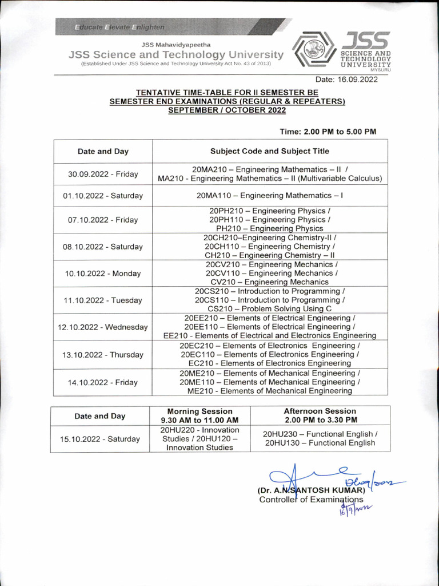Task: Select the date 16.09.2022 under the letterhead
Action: [347, 80]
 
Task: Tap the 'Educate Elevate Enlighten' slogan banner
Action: [120, 27]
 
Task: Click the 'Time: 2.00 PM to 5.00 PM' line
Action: [328, 132]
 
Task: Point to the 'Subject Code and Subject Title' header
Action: [270, 151]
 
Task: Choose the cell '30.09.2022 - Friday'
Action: [103, 174]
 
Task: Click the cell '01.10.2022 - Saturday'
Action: [103, 196]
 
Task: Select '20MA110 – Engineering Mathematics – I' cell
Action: [270, 195]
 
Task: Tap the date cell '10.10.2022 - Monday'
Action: [103, 274]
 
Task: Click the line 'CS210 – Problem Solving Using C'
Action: [269, 308]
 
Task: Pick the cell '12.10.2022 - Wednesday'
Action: [103, 327]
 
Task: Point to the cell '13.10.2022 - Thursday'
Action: [103, 355]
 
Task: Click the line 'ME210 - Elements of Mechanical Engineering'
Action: [269, 391]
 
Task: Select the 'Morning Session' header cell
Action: [199, 415]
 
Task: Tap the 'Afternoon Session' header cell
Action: [320, 415]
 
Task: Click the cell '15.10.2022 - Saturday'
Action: [100, 439]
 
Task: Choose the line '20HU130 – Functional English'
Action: [320, 443]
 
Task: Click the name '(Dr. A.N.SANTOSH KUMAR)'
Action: [310, 490]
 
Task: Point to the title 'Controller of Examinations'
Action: [311, 500]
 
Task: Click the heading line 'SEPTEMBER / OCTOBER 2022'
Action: [227, 110]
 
